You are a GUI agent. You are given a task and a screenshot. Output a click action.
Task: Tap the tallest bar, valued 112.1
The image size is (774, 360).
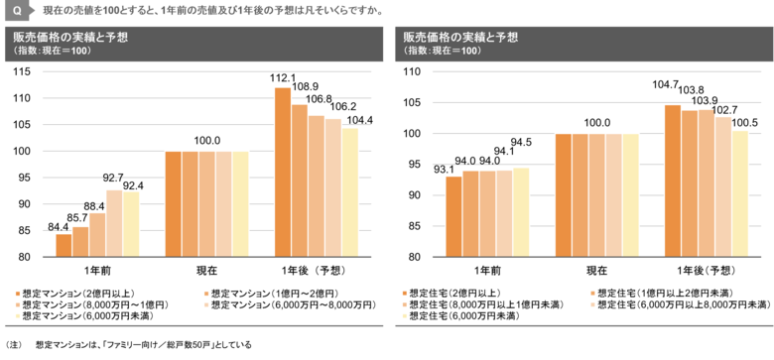[x=282, y=172]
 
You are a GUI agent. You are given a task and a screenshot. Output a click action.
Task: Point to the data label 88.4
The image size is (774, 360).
[x=96, y=205]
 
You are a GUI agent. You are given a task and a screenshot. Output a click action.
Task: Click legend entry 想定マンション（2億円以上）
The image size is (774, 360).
[x=85, y=294]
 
